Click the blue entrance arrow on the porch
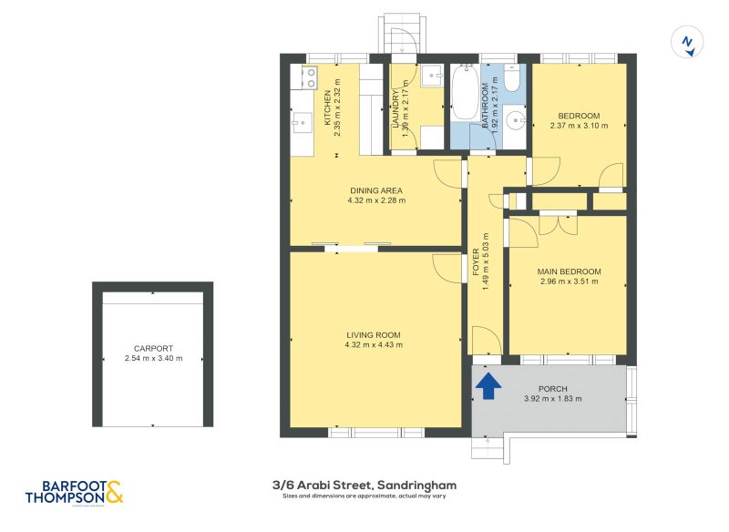click(x=488, y=386)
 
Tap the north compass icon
click(x=688, y=43)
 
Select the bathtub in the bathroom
click(x=465, y=97)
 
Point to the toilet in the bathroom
click(x=512, y=80)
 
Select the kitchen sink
click(x=302, y=120)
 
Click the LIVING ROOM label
click(x=374, y=334)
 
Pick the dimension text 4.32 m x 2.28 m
click(x=375, y=200)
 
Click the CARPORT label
click(x=153, y=348)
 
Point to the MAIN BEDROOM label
click(x=569, y=271)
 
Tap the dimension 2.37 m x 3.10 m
click(x=579, y=126)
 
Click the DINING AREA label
click(x=375, y=190)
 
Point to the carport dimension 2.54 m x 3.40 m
click(x=153, y=358)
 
